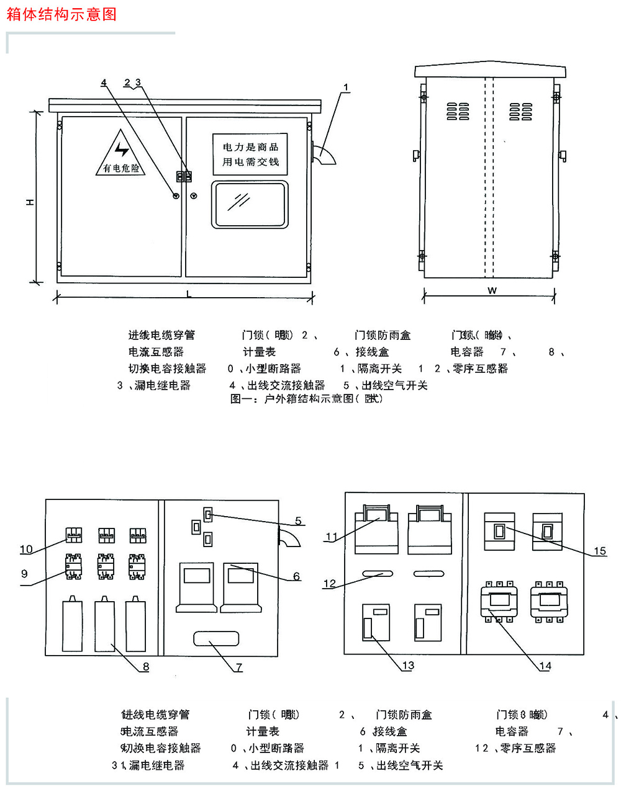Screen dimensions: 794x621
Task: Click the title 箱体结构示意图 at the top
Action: [x=61, y=14]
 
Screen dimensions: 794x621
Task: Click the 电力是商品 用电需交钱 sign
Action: [x=250, y=154]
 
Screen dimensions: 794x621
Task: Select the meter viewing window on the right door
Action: [x=250, y=205]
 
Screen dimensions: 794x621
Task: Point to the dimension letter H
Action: [x=30, y=202]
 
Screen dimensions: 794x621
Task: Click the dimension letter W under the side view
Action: [x=492, y=290]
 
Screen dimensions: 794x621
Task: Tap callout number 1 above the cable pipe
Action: [x=346, y=87]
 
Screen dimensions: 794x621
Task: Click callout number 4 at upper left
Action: [x=104, y=83]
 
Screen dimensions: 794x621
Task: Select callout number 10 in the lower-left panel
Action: [x=26, y=549]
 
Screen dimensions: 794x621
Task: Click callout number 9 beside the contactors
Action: [x=24, y=574]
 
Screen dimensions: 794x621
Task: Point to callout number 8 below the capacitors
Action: [x=146, y=667]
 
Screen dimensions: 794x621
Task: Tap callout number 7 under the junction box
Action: [x=238, y=667]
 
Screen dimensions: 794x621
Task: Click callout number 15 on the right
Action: [x=599, y=551]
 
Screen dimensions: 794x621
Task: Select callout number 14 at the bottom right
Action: [x=545, y=666]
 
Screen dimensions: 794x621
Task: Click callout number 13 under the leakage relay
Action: [x=407, y=666]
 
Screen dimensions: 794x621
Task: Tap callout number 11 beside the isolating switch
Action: [x=332, y=537]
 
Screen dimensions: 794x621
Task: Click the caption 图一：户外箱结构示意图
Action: [x=307, y=399]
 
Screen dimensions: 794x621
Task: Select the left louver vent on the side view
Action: [x=458, y=112]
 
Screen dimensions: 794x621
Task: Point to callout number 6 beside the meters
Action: [x=296, y=576]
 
